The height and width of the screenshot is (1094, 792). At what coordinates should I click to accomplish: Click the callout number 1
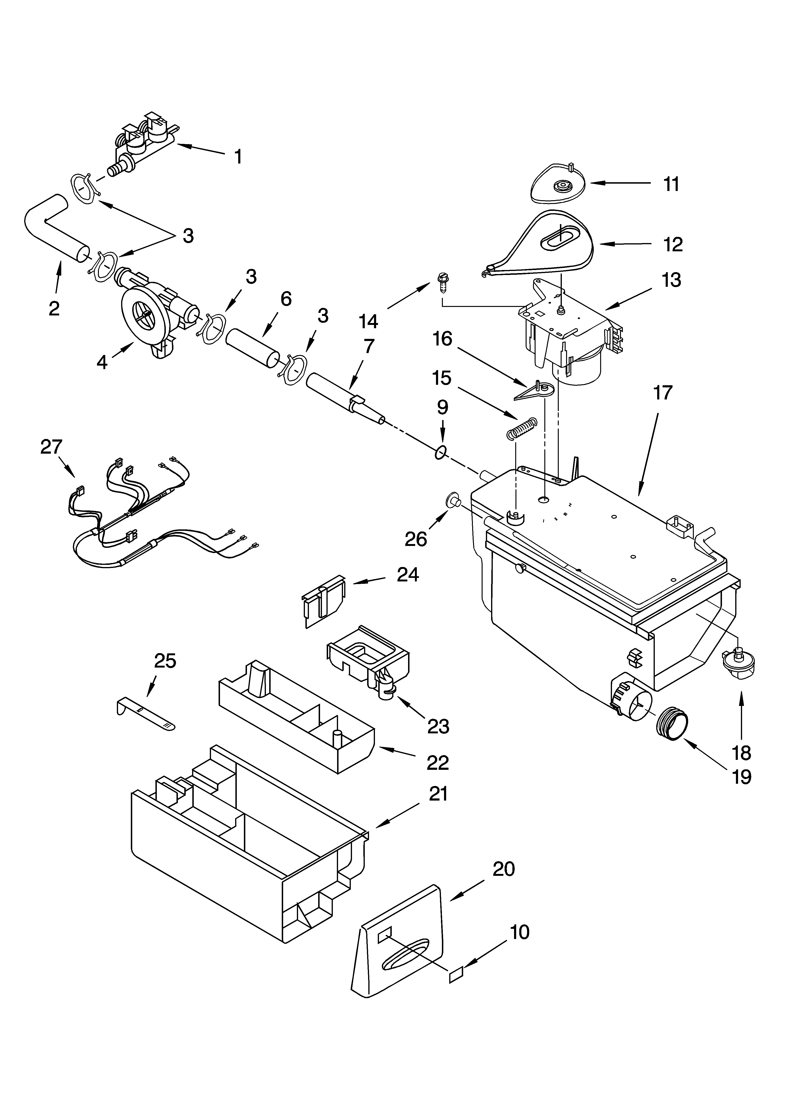(238, 157)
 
